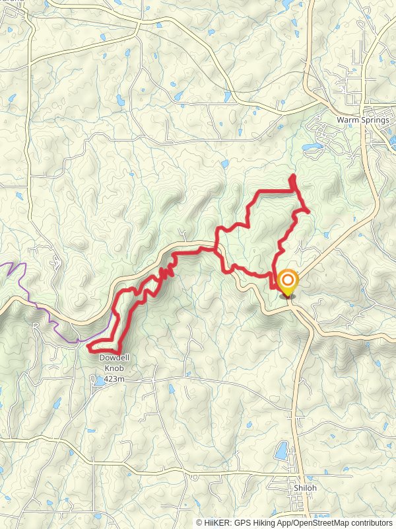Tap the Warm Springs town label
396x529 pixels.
[362, 120]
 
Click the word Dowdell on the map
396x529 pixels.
[112, 358]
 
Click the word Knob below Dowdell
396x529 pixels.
[112, 369]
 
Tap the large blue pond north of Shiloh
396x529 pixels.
[280, 452]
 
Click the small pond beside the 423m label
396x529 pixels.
[98, 381]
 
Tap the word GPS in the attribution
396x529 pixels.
[244, 522]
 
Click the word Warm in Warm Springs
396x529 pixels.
[347, 120]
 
